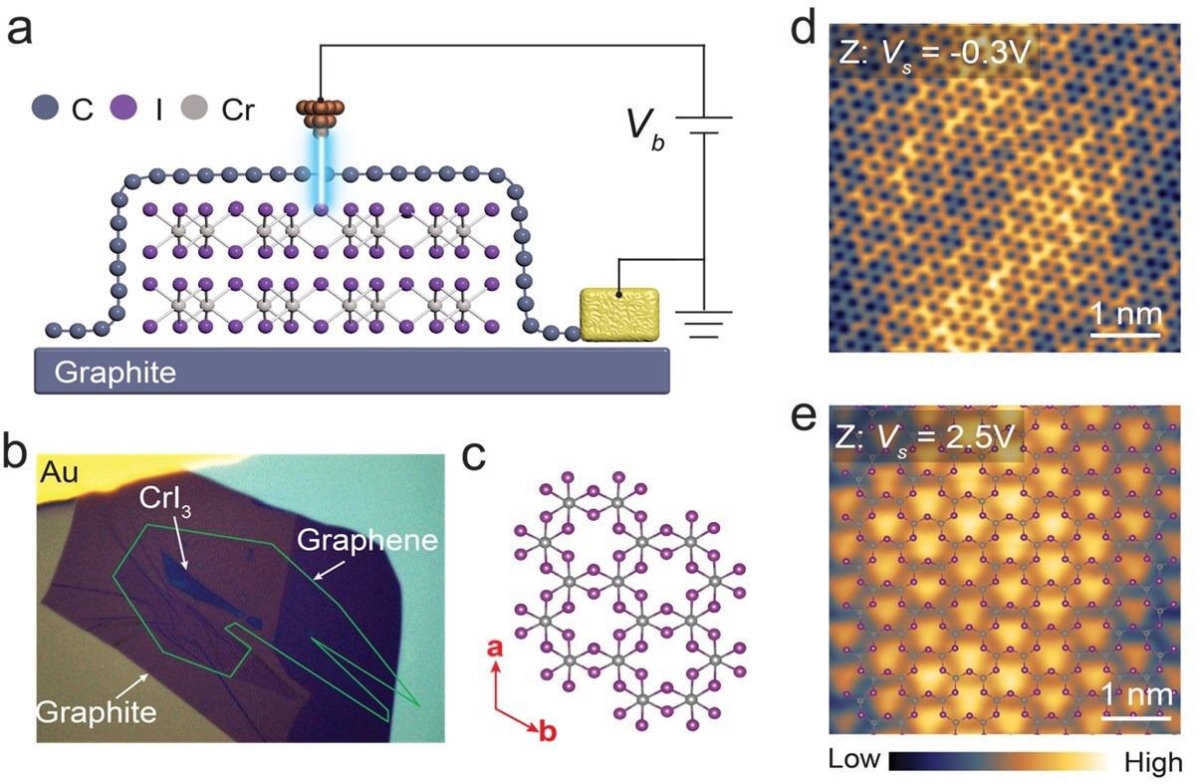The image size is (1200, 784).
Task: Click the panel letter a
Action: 20,30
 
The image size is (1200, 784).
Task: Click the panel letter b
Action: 15,451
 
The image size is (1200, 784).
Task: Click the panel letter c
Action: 474,456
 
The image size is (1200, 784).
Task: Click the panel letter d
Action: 803,27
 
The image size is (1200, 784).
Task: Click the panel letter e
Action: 804,418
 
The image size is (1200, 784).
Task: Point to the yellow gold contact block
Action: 620,314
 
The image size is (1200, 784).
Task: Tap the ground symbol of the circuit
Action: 704,324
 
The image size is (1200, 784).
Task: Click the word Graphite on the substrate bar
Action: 116,373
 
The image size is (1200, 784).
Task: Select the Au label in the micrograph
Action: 59,472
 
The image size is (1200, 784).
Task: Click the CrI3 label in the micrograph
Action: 165,502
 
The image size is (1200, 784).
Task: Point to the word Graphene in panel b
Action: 367,540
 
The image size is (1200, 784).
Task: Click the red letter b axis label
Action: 548,730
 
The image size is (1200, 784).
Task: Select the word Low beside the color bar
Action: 854,759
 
